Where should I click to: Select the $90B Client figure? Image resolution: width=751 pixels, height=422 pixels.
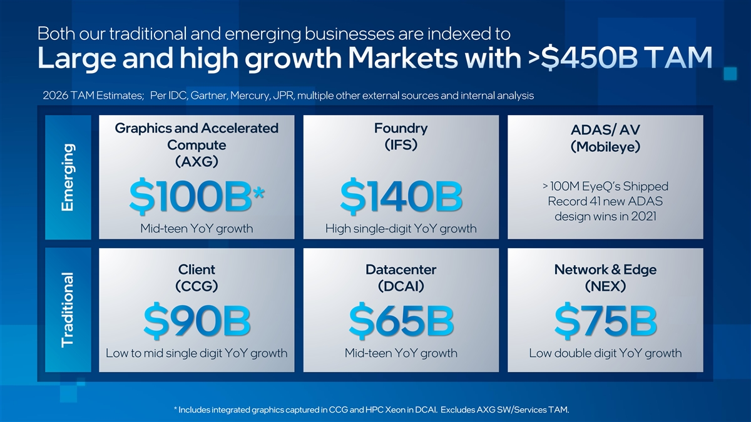[x=197, y=320]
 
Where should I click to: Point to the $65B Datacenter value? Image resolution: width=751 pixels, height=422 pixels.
[x=401, y=320]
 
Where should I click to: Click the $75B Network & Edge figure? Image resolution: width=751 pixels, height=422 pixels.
[x=605, y=320]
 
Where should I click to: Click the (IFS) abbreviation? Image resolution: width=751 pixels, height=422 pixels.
[x=401, y=145]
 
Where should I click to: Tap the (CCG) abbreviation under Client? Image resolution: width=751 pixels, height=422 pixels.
[x=197, y=286]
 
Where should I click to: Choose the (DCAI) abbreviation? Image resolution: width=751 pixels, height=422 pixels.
[x=401, y=286]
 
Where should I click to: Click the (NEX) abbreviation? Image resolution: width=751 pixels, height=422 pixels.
[x=605, y=286]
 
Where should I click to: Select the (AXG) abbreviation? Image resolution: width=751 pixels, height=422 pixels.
[x=197, y=162]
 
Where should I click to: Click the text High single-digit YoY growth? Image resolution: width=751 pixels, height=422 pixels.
[x=401, y=229]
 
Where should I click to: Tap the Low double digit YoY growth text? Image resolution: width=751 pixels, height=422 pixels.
[x=605, y=353]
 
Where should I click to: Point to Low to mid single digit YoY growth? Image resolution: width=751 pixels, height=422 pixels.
[x=197, y=353]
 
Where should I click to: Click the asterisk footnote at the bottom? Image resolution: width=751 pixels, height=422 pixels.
[x=372, y=410]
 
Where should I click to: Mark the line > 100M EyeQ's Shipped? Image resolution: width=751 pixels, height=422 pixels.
[x=605, y=186]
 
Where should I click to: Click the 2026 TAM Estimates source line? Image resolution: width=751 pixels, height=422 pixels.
[x=288, y=96]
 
